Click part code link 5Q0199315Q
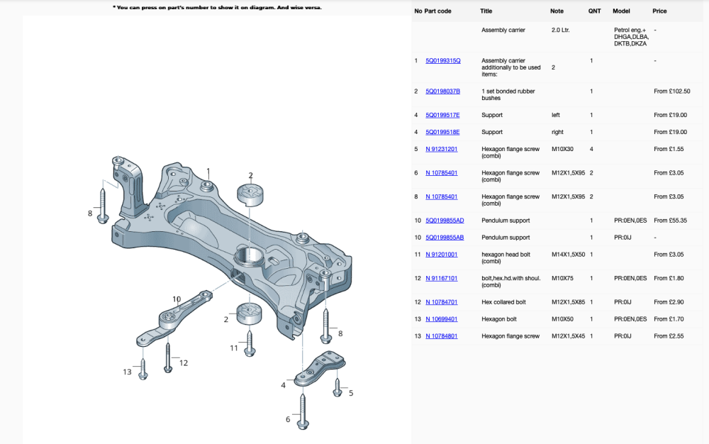(442, 61)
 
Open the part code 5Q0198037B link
(442, 91)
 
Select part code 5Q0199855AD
(445, 221)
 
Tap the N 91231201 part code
(441, 149)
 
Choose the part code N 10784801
(441, 336)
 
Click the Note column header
(557, 11)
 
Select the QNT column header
(594, 11)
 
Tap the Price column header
(659, 11)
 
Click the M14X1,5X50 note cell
(568, 254)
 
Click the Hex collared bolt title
(503, 302)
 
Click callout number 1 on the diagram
(208, 171)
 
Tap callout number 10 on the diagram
(177, 299)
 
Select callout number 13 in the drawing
(127, 372)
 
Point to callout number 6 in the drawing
(288, 419)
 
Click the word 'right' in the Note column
(557, 132)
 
